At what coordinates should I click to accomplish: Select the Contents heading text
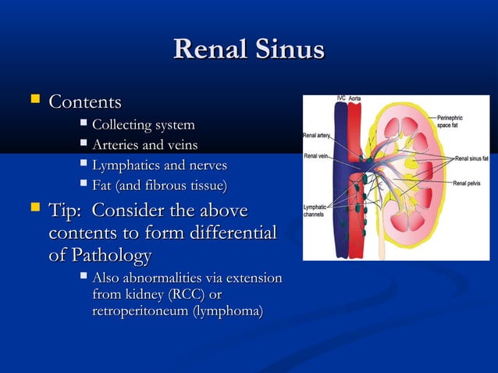tap(85, 102)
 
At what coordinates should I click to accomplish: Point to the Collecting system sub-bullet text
tap(143, 126)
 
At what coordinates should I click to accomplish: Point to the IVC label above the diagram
tap(341, 98)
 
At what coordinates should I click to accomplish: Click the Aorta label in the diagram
tap(354, 98)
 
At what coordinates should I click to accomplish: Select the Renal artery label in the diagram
tap(317, 136)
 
